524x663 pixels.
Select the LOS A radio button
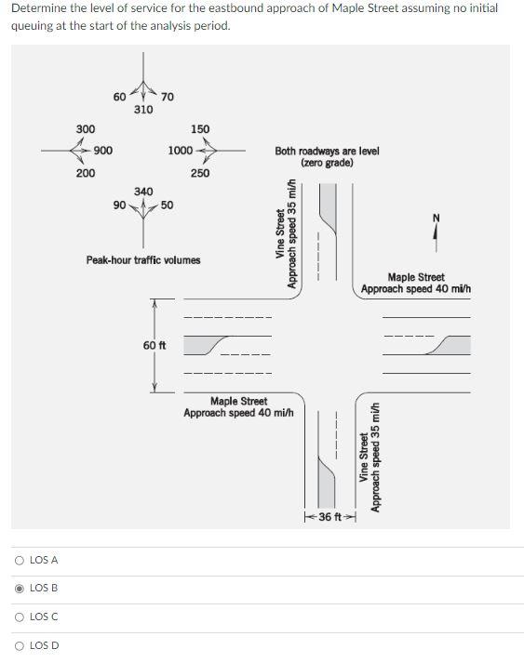click(20, 560)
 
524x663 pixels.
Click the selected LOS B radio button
click(20, 588)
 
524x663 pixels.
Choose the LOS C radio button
click(20, 617)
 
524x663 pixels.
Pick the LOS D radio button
click(20, 645)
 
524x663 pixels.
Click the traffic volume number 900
click(103, 151)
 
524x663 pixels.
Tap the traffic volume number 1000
click(181, 151)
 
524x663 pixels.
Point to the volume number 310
click(143, 110)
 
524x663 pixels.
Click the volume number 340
click(143, 192)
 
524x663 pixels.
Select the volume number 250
click(200, 173)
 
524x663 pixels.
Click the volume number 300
click(85, 128)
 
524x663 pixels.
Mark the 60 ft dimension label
click(155, 346)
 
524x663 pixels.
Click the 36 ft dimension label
click(331, 516)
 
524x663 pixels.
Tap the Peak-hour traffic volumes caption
click(143, 260)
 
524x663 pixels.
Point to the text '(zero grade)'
click(327, 163)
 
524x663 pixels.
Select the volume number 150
click(200, 128)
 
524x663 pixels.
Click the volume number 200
click(85, 173)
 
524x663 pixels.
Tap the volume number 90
click(119, 205)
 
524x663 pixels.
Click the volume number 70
click(167, 97)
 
